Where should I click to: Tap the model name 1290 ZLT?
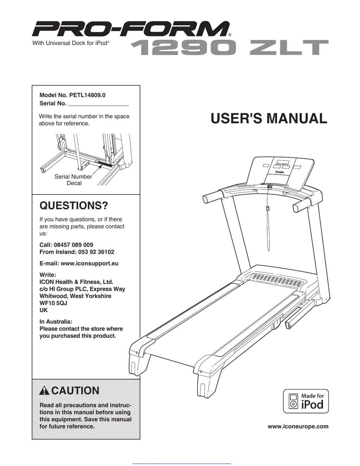[x=229, y=48]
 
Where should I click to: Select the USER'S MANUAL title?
[x=269, y=119]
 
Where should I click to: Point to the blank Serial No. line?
[x=98, y=104]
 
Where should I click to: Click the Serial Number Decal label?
[x=73, y=180]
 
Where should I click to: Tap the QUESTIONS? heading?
[x=74, y=205]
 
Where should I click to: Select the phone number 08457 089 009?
[x=73, y=245]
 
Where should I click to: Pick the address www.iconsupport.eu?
[x=89, y=263]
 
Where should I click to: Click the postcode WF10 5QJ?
[x=53, y=303]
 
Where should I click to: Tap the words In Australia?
[x=56, y=321]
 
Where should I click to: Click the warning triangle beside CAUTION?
[x=45, y=391]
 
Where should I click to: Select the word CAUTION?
[x=75, y=391]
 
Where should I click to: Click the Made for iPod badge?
[x=306, y=401]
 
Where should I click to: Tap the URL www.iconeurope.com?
[x=298, y=427]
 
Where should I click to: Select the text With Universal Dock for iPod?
[x=71, y=43]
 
